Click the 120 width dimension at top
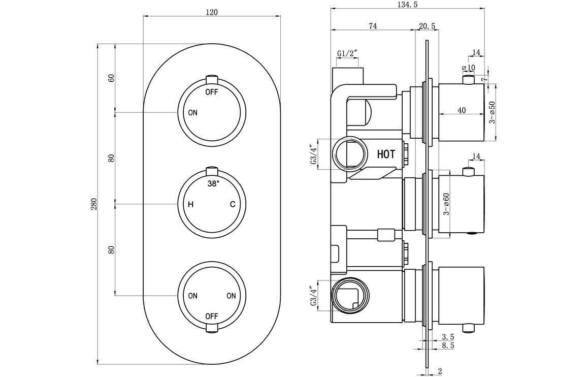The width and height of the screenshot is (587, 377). [212, 13]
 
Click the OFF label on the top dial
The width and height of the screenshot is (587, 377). [212, 92]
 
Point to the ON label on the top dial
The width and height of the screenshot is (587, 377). [192, 113]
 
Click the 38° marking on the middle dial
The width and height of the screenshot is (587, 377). [213, 184]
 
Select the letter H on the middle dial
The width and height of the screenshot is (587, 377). [191, 205]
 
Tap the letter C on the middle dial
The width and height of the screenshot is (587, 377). [232, 205]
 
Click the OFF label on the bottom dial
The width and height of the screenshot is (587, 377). [212, 316]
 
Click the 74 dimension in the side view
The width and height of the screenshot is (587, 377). [373, 26]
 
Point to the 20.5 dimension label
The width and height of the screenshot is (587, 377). [427, 26]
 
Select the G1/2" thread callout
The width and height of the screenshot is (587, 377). [347, 53]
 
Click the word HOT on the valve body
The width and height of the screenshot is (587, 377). [386, 154]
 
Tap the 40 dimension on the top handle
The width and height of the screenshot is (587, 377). [461, 110]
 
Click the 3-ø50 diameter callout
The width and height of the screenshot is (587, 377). [492, 112]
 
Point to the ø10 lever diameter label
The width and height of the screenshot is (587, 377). [468, 68]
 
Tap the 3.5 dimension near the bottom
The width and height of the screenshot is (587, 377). [447, 336]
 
